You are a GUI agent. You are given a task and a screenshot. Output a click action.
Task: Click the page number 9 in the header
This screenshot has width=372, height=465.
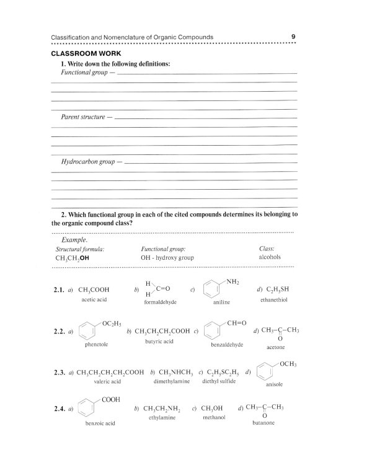pyautogui.click(x=292, y=37)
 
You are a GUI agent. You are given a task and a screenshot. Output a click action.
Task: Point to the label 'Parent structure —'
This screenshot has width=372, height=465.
pyautogui.click(x=86, y=117)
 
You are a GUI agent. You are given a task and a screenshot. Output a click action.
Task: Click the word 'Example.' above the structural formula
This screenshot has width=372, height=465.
pyautogui.click(x=74, y=239)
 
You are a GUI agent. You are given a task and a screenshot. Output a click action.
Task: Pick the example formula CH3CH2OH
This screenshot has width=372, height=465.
pyautogui.click(x=73, y=257)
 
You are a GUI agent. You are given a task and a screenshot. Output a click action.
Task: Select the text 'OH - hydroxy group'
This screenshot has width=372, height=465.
pyautogui.click(x=167, y=257)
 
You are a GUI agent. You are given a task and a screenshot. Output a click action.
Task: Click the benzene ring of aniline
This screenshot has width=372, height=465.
pyautogui.click(x=215, y=290)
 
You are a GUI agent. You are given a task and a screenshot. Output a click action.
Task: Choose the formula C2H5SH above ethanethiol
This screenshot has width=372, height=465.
pyautogui.click(x=277, y=289)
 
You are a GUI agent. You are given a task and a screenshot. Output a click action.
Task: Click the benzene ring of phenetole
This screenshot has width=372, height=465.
pyautogui.click(x=90, y=332)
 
